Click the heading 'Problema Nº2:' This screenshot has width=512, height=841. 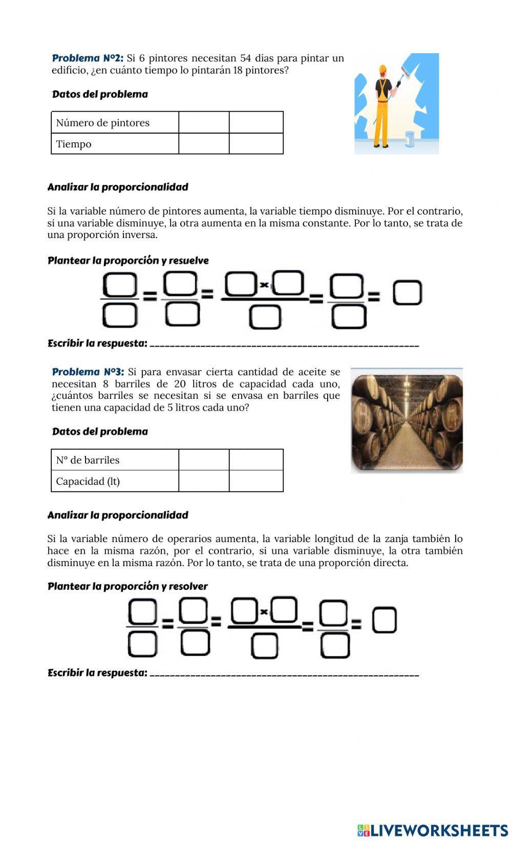88,58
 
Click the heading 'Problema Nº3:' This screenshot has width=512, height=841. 88,372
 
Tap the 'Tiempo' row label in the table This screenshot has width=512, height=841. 74,144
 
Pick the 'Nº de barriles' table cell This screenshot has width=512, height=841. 88,460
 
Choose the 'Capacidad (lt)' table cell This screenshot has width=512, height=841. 88,481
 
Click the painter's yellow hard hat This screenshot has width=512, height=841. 382,69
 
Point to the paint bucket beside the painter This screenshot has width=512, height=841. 410,139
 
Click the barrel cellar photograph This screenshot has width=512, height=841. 407,420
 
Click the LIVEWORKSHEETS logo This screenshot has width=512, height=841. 433,830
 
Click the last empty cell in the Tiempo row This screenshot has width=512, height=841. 256,144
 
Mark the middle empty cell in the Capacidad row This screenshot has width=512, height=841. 204,481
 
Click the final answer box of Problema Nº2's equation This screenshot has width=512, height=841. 408,293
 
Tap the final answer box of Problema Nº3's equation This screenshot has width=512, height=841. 384,620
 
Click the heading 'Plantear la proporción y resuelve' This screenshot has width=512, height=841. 128,261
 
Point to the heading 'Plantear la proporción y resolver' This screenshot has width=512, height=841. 127,586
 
